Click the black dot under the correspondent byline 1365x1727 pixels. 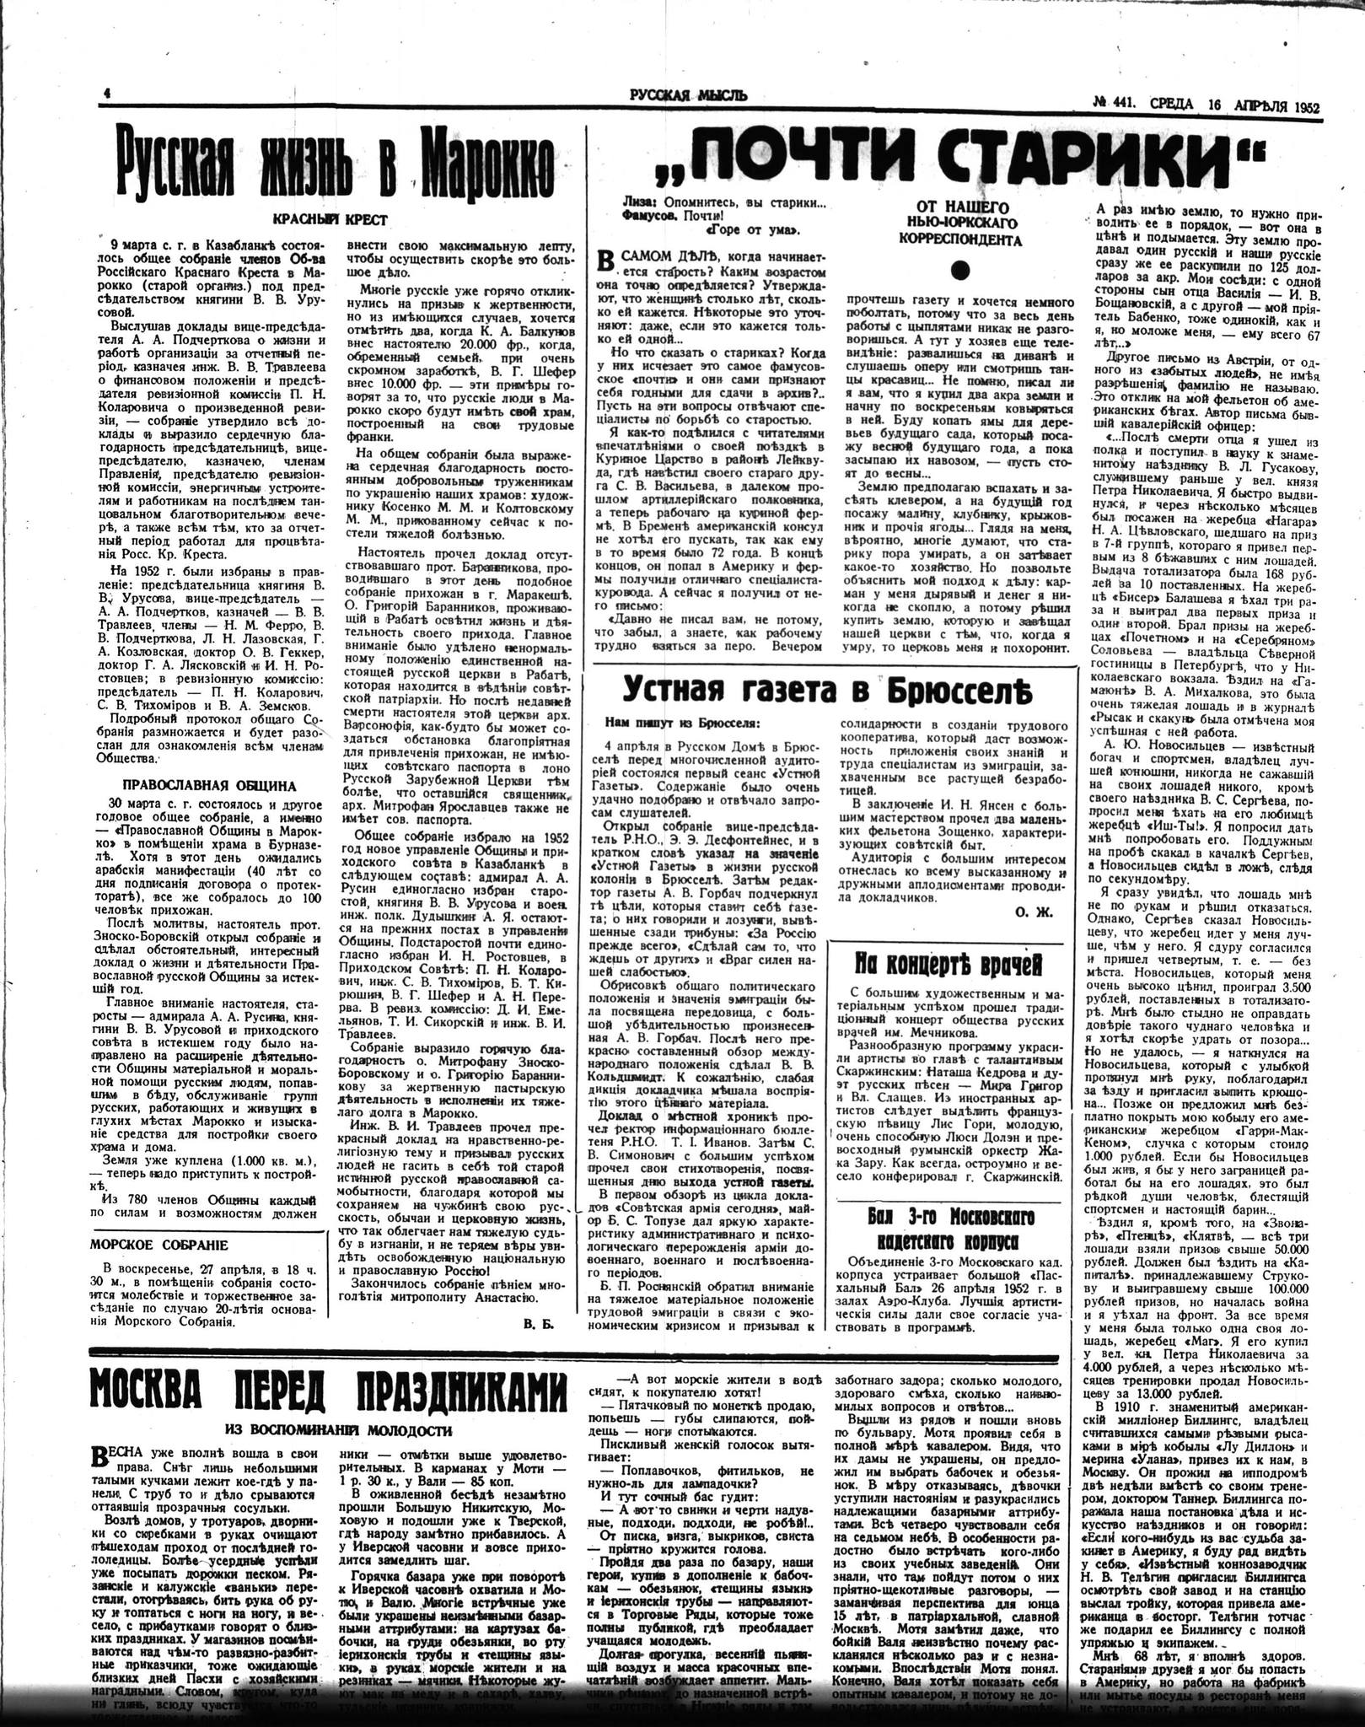(958, 269)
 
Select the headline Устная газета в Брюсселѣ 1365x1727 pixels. (830, 691)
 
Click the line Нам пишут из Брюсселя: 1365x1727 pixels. (682, 722)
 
